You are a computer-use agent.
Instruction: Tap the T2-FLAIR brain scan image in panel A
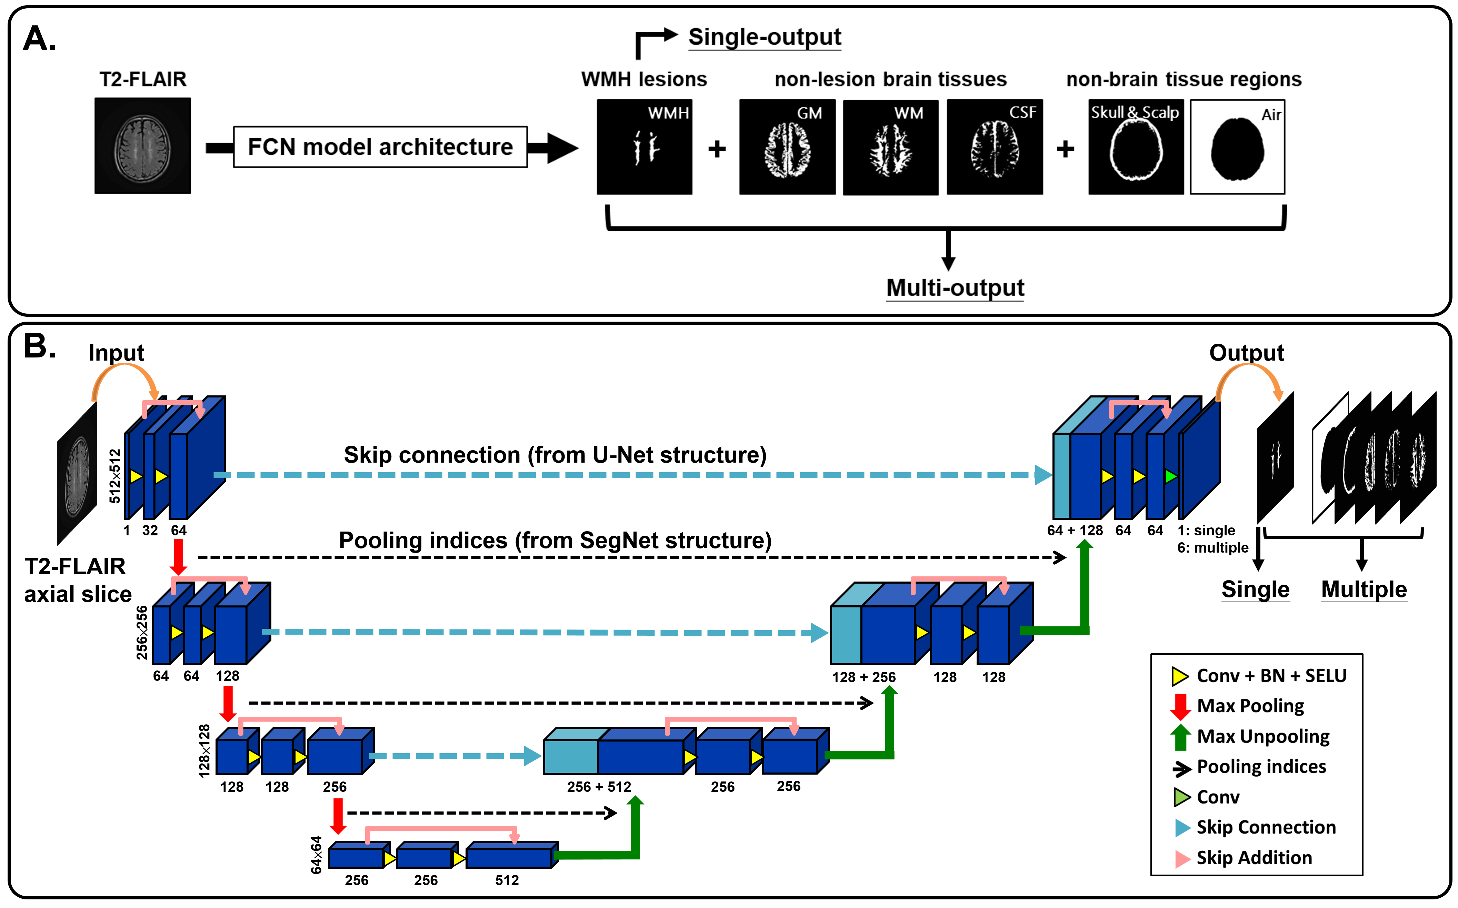click(x=142, y=146)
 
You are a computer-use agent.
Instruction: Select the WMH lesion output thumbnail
click(x=644, y=147)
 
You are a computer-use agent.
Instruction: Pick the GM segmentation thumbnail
click(x=787, y=147)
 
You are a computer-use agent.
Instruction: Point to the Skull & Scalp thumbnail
click(x=1136, y=147)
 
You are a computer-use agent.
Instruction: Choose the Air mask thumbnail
click(x=1238, y=147)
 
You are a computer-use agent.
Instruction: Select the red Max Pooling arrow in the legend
click(x=1180, y=706)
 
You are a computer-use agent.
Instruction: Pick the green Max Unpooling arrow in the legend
click(x=1180, y=737)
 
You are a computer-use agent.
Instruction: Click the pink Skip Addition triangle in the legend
click(x=1182, y=858)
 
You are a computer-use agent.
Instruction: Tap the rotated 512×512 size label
click(x=115, y=476)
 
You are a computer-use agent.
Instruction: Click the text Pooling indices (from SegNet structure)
click(x=555, y=541)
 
